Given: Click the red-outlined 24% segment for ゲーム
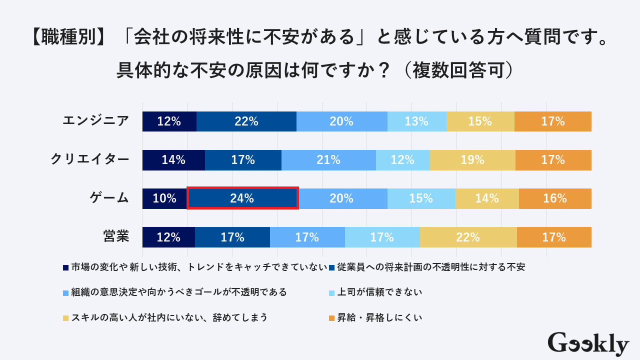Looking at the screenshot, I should (x=242, y=198).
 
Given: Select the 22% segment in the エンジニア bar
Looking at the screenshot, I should (x=246, y=121).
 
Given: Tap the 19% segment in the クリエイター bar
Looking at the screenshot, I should (x=472, y=160).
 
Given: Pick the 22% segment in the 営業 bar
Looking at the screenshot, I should (x=468, y=237).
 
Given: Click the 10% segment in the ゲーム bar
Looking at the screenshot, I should (x=164, y=198).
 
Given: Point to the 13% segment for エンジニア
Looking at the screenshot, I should (x=416, y=121).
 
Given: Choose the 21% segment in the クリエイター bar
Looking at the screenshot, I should (x=328, y=160).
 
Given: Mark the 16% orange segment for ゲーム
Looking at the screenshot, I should (x=555, y=198).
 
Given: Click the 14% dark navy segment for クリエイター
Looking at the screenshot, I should (x=173, y=160).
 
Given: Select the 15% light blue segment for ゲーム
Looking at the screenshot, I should (x=421, y=198).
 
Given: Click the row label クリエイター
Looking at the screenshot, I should (x=90, y=159).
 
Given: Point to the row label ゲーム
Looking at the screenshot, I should (x=109, y=198).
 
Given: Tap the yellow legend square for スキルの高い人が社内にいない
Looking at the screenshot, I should (x=66, y=318).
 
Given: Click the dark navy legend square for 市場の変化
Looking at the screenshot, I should (x=66, y=267).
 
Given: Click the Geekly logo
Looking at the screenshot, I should (x=588, y=343).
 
